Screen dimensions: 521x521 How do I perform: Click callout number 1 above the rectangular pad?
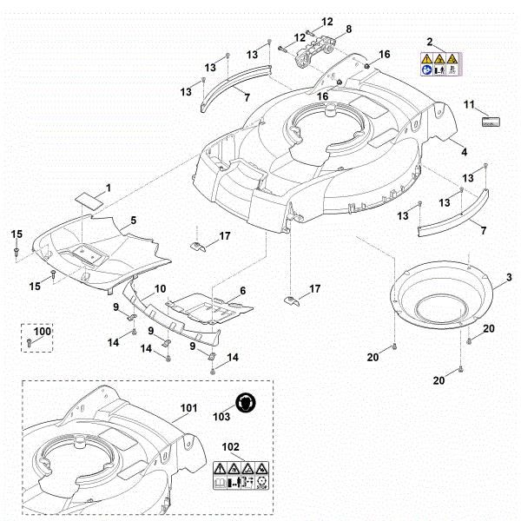tap(109, 188)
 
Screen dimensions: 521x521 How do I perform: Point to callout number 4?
tap(464, 152)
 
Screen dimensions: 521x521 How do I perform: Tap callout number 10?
tap(160, 287)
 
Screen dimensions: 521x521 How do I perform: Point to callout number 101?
tap(189, 406)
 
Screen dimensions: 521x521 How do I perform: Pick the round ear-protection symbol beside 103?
tap(246, 404)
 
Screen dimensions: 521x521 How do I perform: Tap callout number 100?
tap(42, 331)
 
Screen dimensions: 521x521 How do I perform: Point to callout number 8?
tap(348, 29)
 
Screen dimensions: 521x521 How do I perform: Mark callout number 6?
tap(242, 290)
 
